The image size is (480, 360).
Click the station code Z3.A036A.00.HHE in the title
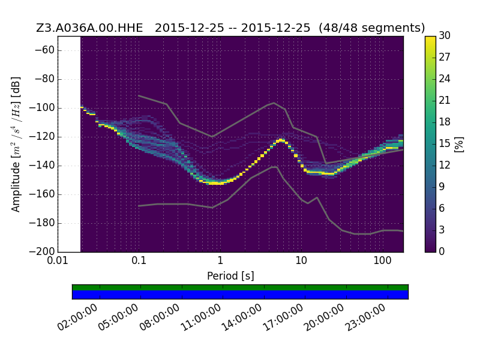89,28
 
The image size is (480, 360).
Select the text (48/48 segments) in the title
371,28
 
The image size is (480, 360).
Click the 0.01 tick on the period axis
58,260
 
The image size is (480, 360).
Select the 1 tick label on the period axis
220,260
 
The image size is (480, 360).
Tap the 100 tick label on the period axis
382,260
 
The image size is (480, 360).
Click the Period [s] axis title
230,276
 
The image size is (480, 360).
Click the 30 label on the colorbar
445,35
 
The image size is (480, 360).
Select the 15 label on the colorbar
445,143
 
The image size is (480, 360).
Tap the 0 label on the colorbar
442,251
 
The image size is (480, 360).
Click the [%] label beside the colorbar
459,144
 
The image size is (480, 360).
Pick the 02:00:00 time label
77,317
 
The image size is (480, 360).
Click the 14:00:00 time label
242,317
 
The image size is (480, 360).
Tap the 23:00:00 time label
365,317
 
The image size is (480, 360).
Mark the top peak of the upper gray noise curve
274,103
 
